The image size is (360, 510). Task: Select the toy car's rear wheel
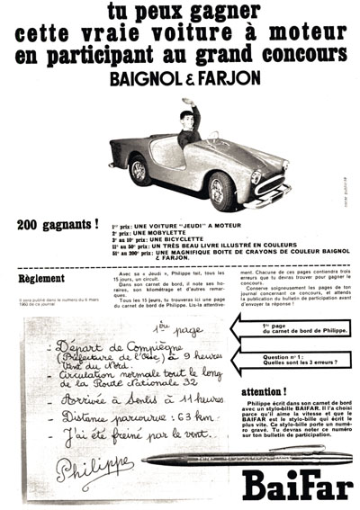[x=139, y=168]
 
